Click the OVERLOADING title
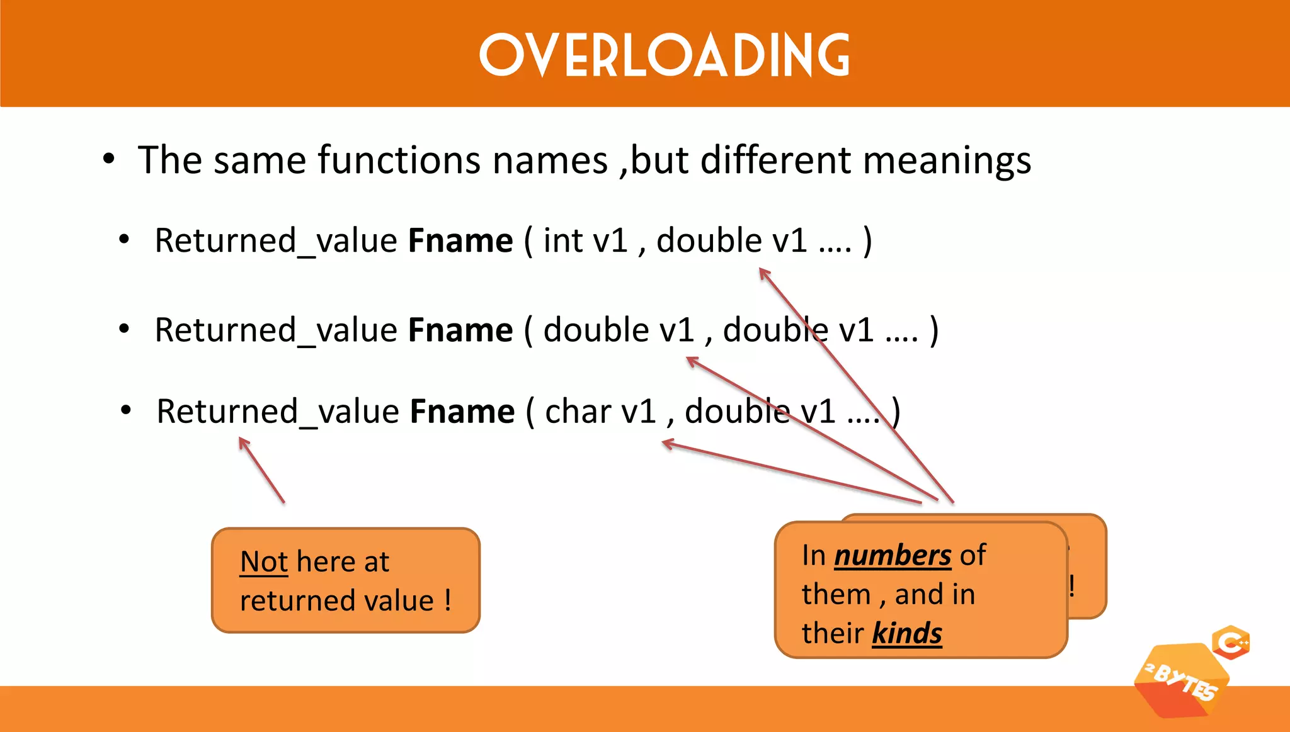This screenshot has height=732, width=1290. pos(665,55)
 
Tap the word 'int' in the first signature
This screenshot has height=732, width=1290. pos(562,240)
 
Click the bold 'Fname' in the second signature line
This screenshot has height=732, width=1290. pos(460,330)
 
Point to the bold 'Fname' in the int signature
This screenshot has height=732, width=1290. pos(460,240)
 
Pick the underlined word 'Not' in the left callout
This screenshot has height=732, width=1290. pos(264,561)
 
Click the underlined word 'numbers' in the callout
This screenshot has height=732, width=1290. pos(893,556)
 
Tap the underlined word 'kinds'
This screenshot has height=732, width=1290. pos(907,633)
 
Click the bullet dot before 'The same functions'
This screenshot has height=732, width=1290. pos(109,159)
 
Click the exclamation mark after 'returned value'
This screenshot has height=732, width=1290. pos(447,600)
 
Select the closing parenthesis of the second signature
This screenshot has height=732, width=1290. pos(934,330)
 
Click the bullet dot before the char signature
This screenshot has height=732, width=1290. pos(126,411)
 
